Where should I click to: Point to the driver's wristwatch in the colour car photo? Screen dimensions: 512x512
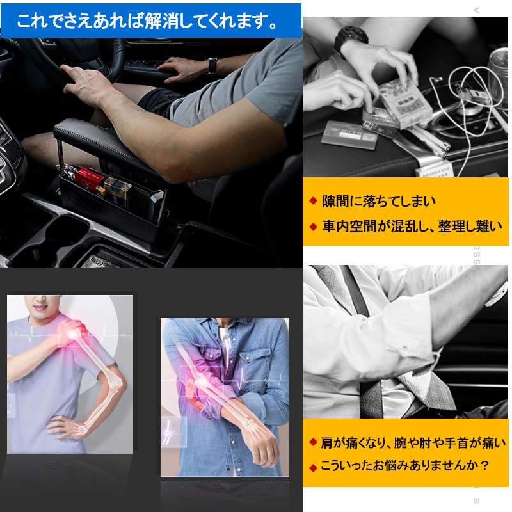point(212,65)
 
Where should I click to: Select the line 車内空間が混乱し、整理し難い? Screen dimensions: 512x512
point(412,225)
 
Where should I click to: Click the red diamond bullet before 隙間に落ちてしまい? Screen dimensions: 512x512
point(313,201)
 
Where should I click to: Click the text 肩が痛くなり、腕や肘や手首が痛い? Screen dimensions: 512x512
point(413,442)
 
